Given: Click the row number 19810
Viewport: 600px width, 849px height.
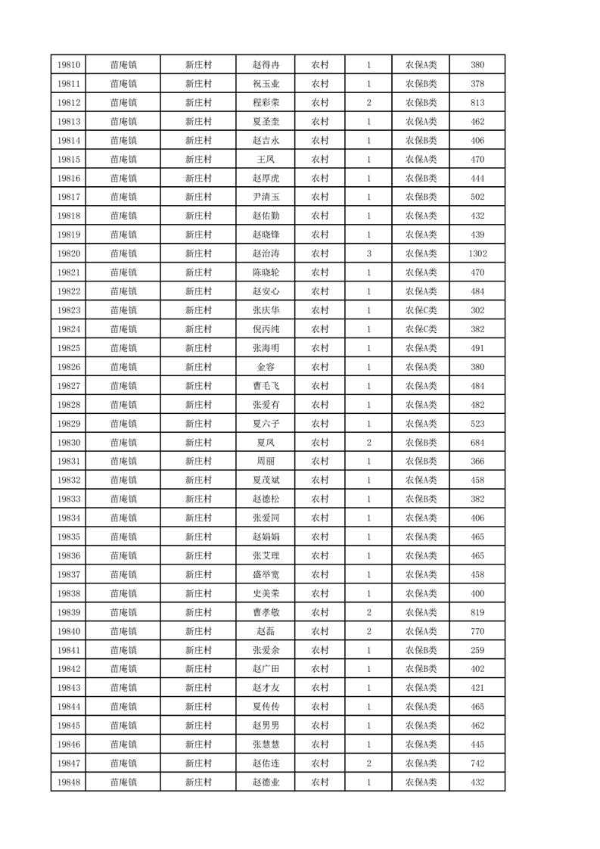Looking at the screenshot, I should click(x=68, y=65).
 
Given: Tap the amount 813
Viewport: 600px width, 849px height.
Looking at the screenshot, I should click(x=477, y=103).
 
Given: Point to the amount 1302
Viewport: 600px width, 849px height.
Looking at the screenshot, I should click(x=477, y=253).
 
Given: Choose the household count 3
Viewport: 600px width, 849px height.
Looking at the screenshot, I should click(x=368, y=253).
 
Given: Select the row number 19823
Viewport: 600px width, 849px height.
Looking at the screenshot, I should click(x=68, y=310).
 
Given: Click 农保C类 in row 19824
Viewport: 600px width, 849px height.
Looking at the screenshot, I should click(x=421, y=329).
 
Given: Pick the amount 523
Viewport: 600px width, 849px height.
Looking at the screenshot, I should click(x=477, y=424).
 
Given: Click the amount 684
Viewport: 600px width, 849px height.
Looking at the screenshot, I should click(x=477, y=443).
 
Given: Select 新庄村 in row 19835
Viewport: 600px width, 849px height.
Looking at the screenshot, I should click(x=198, y=536).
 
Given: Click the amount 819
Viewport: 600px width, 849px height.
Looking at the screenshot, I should click(x=477, y=612).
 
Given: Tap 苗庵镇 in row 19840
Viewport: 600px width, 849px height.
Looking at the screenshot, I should click(x=123, y=631).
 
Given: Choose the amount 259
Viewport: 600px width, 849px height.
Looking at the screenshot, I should click(x=477, y=650).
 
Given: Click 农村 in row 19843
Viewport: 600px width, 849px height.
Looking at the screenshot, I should click(x=320, y=688).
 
